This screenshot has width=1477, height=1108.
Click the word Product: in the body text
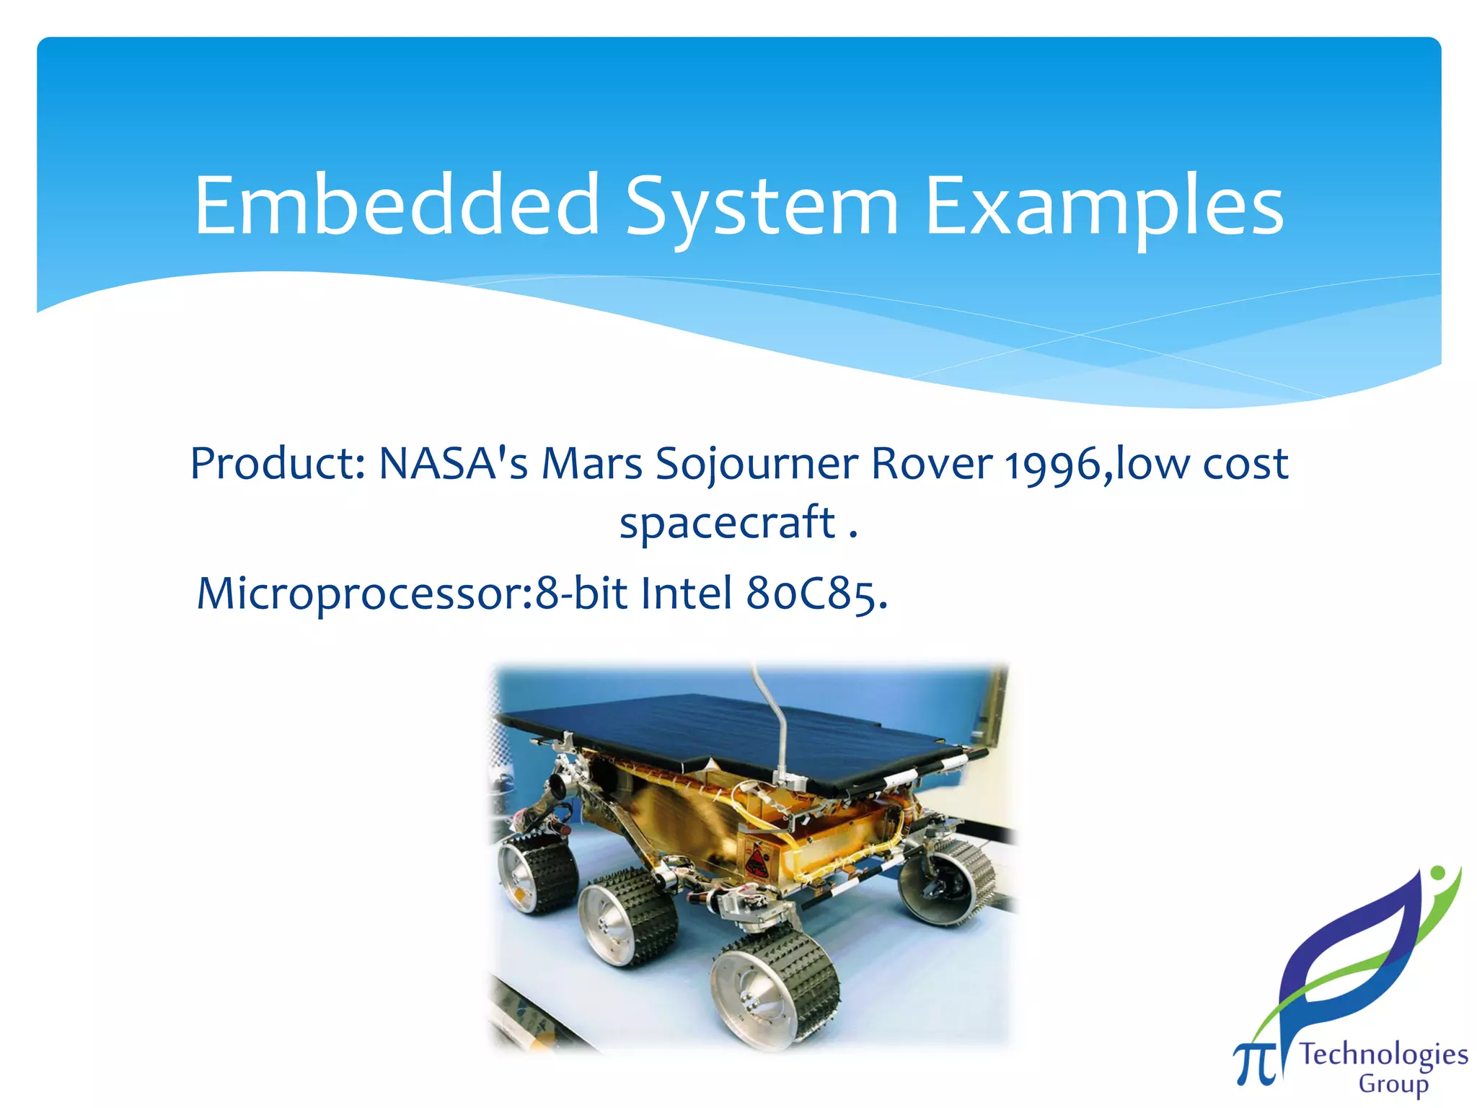[x=278, y=463]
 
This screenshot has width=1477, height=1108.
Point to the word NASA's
[x=453, y=463]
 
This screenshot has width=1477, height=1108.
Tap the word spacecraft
[x=727, y=523]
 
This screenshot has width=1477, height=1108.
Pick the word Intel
[x=687, y=593]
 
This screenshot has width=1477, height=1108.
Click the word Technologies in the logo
[x=1383, y=1055]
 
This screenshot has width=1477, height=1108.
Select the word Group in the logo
[x=1393, y=1084]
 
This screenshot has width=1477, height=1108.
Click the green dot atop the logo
[x=1437, y=874]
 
